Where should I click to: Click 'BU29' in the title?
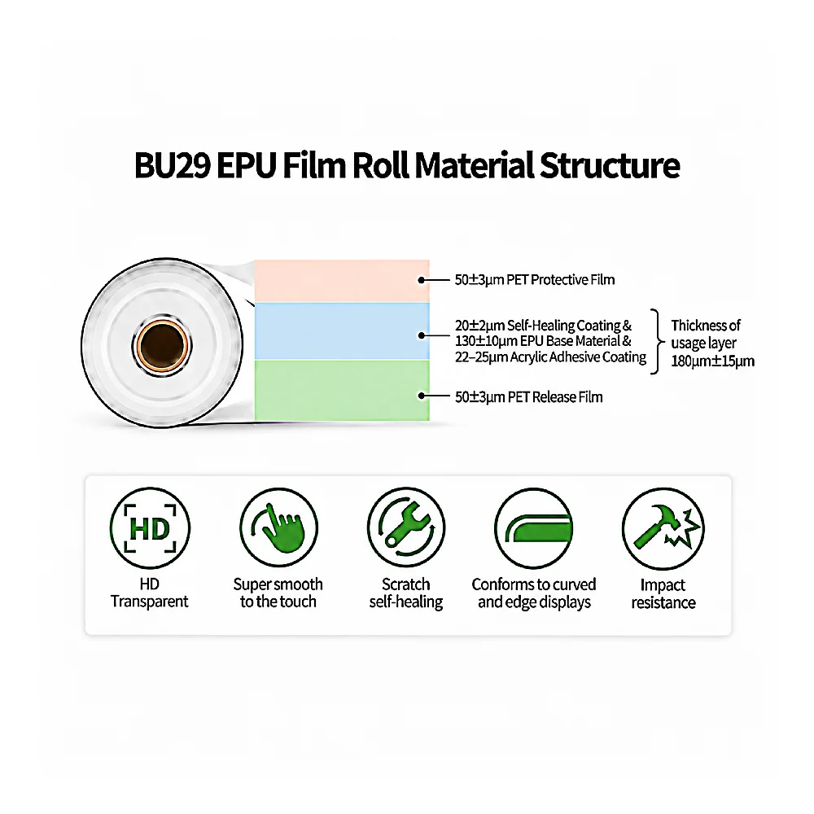(x=172, y=165)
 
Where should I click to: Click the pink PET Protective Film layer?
(x=342, y=281)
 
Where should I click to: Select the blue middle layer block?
(x=342, y=331)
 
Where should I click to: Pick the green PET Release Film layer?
(x=342, y=390)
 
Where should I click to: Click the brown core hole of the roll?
(x=162, y=345)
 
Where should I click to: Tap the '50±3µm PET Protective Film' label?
(x=535, y=280)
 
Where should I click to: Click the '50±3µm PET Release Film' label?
(x=529, y=397)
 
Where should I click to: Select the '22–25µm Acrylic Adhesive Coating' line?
(x=550, y=357)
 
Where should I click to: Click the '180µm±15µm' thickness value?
(x=712, y=361)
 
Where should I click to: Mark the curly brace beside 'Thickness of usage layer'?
(x=658, y=342)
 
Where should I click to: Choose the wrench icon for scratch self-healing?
(x=406, y=527)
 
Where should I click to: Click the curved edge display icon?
(x=534, y=528)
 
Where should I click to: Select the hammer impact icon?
(x=663, y=528)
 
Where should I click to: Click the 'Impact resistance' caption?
(x=663, y=593)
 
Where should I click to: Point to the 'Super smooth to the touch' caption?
(x=278, y=593)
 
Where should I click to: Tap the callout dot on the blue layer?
(x=422, y=335)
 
